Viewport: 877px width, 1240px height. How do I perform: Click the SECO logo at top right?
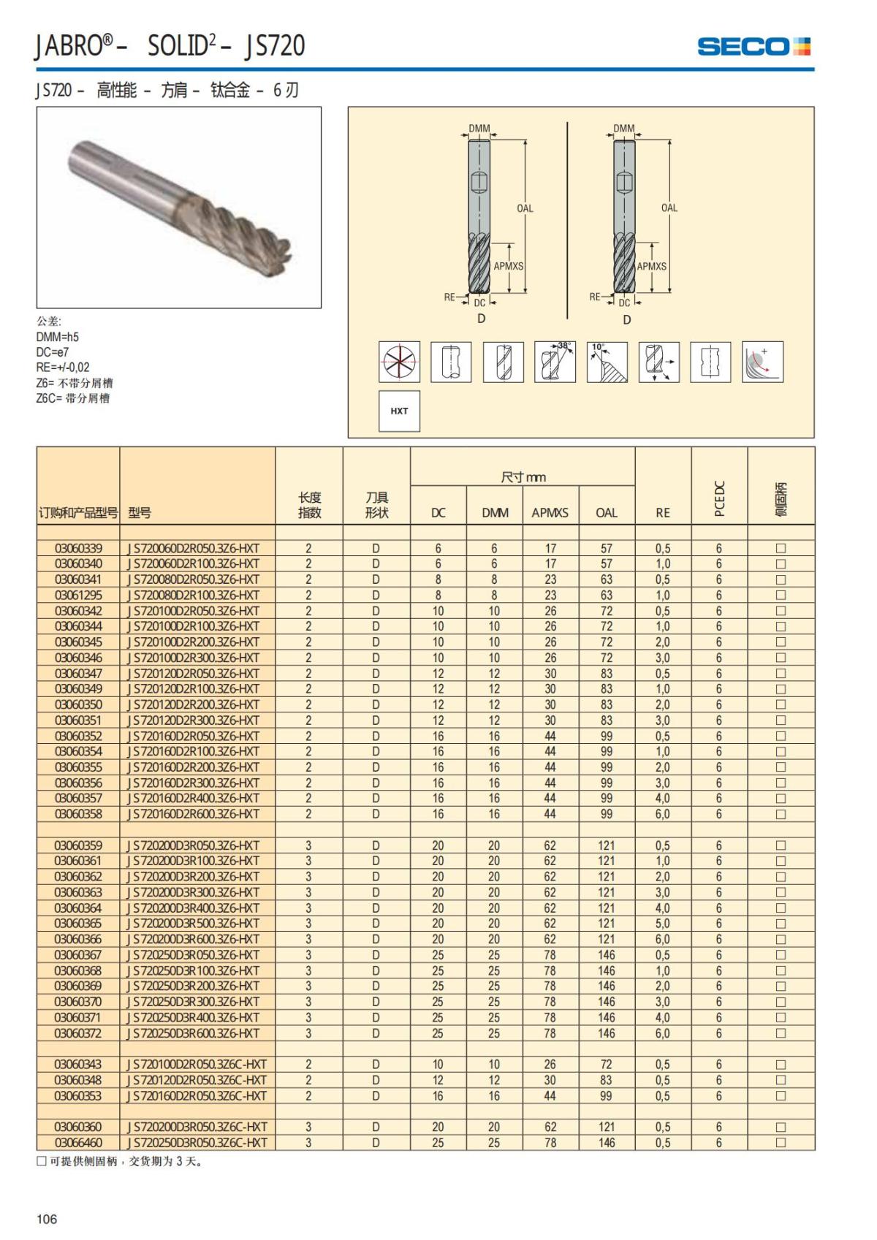(753, 47)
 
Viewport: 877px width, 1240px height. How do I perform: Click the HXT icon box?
(399, 411)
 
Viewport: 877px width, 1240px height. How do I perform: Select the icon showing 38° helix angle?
(555, 361)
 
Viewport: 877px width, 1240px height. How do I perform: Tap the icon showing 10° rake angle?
(607, 361)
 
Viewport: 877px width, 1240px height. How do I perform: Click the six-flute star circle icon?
(399, 361)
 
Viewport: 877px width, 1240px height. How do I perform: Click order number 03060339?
(78, 548)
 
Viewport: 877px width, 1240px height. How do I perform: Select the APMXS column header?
(550, 513)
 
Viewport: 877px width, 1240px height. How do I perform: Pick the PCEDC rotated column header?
(718, 498)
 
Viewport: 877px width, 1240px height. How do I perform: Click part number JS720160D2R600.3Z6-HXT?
(194, 814)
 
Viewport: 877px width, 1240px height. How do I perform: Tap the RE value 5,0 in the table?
(662, 924)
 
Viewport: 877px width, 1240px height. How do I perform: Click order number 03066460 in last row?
(78, 1143)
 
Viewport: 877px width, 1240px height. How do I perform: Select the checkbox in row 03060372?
(781, 1033)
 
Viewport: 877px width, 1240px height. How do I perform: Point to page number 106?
(47, 1219)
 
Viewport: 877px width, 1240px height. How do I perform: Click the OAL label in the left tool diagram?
(525, 208)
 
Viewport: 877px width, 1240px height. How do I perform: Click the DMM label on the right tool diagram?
(623, 129)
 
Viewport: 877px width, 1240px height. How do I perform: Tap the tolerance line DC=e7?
(53, 352)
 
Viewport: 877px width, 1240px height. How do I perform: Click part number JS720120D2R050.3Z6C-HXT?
(197, 1080)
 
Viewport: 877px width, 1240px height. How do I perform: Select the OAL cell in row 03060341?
(606, 579)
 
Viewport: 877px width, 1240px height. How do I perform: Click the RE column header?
(662, 513)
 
